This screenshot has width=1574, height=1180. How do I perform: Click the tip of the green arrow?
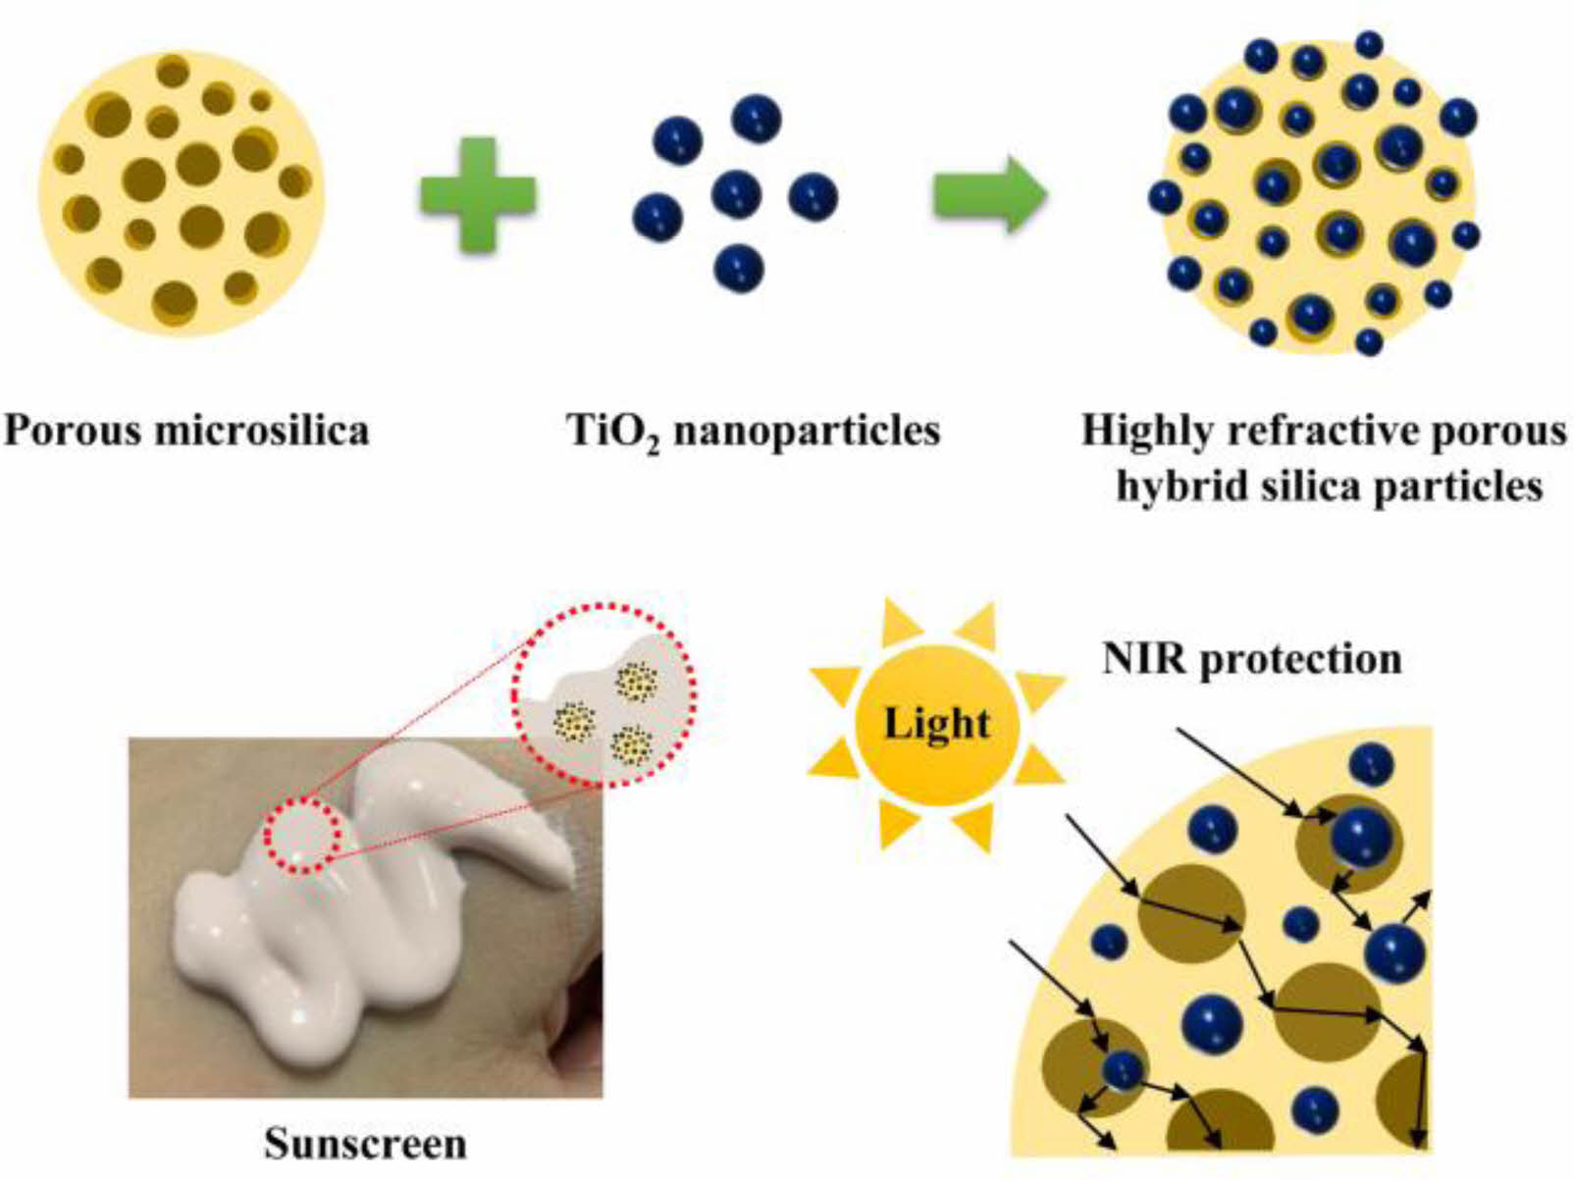click(1048, 193)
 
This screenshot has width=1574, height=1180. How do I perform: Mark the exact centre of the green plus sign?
click(478, 193)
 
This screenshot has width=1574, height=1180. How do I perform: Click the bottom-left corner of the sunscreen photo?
click(130, 1098)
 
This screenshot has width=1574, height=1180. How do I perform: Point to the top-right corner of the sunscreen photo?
click(603, 738)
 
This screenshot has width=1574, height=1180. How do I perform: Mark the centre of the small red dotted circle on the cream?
click(301, 836)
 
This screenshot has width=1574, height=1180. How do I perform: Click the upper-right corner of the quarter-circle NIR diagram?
click(1432, 727)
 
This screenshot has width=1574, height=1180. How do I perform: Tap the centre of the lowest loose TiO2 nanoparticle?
click(739, 267)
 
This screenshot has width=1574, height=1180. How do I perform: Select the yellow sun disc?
click(937, 724)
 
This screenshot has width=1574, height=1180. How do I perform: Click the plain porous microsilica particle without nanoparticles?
click(182, 193)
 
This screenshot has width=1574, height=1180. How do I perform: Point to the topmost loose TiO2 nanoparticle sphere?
click(757, 119)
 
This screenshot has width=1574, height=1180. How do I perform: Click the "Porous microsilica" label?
click(186, 431)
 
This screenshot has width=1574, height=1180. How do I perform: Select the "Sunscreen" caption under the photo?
click(366, 1143)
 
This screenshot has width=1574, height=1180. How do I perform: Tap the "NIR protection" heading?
click(1252, 659)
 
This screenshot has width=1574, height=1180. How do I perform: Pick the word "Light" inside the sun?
click(937, 724)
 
